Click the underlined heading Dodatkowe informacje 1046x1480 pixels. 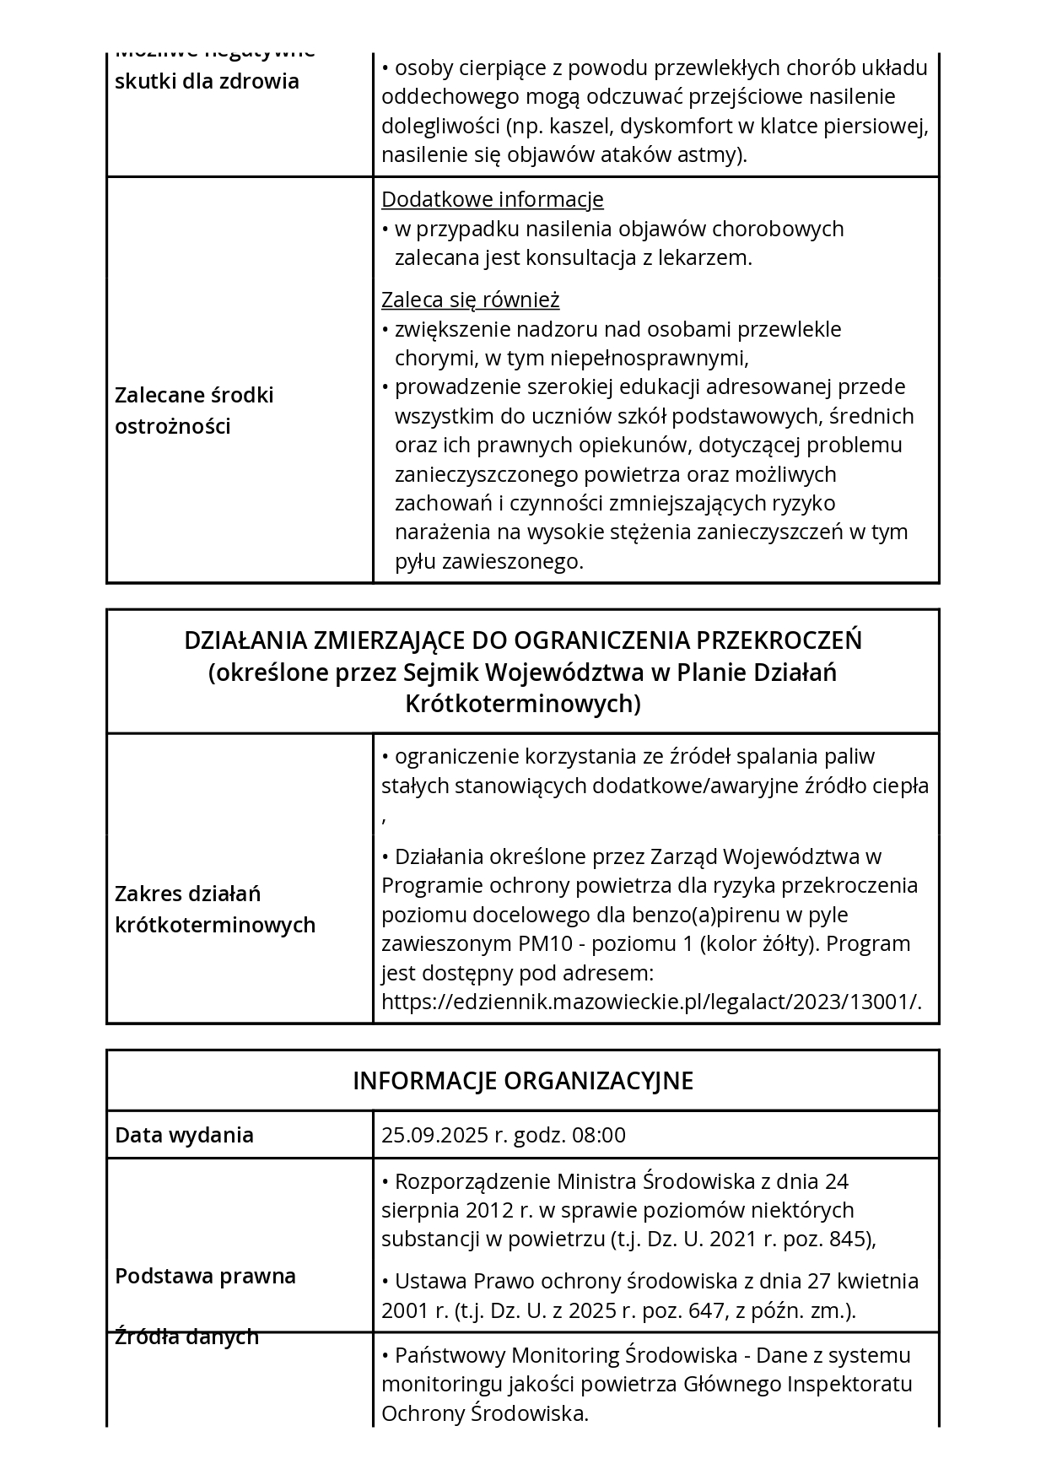coord(492,200)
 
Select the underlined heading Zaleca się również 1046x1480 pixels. coord(470,300)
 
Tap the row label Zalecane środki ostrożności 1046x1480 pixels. coord(194,411)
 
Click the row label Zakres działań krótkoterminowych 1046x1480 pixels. coord(214,910)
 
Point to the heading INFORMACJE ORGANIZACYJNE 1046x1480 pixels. coord(523,1081)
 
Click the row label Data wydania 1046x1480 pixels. coord(184,1135)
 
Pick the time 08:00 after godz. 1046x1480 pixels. coord(599,1135)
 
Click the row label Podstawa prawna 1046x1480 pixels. coord(205,1276)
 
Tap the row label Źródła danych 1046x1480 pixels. coord(186,1337)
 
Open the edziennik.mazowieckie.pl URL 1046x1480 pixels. coord(651,1002)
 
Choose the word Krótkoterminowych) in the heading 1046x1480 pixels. coord(523,704)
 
